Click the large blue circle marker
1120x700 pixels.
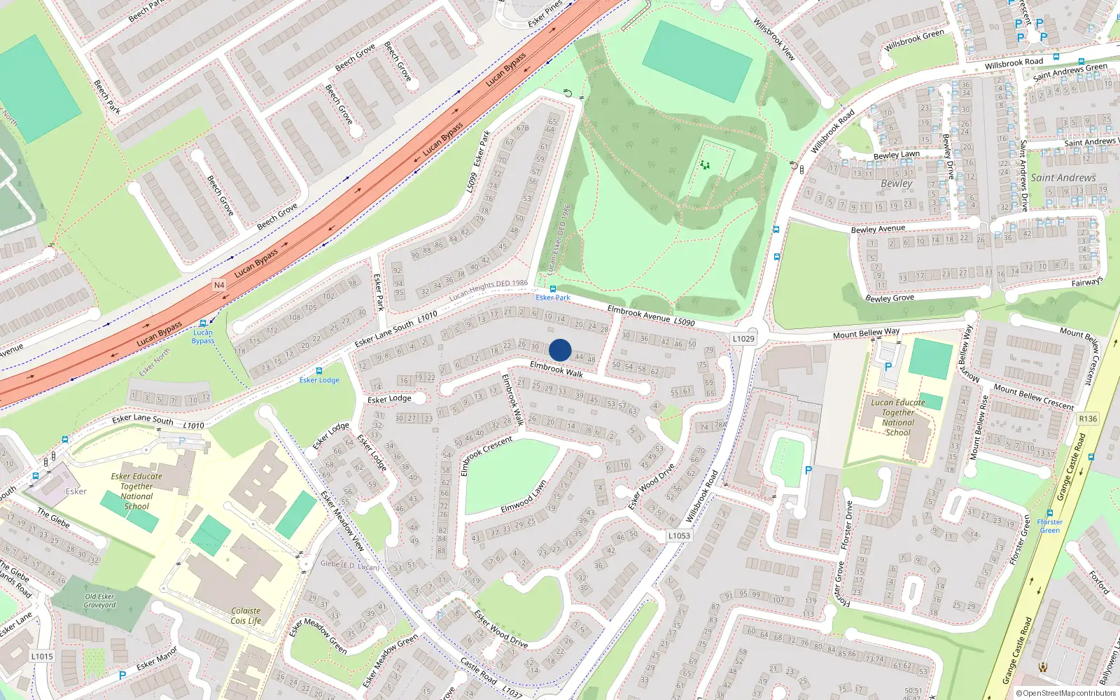coord(560,350)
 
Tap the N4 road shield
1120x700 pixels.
coord(219,285)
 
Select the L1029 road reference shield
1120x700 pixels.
coord(743,339)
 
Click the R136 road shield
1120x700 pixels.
coord(1088,419)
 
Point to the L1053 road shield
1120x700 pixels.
coord(678,535)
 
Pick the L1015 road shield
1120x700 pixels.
coord(42,657)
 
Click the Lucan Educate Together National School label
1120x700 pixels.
coord(898,417)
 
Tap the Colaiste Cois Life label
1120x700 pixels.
coord(245,615)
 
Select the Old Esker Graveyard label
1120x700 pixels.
coord(99,601)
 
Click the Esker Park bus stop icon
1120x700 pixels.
coord(553,288)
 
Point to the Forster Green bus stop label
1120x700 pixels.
coord(1049,526)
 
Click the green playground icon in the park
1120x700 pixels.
coord(705,165)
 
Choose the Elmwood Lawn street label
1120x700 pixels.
coord(524,497)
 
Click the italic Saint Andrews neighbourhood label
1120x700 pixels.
coord(1063,178)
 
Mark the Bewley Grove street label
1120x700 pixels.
coord(889,298)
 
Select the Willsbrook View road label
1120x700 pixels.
coord(773,39)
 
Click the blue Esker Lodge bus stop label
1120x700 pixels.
coord(319,380)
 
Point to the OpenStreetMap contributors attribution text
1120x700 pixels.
coord(1066,693)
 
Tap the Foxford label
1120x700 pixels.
coord(1099,582)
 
